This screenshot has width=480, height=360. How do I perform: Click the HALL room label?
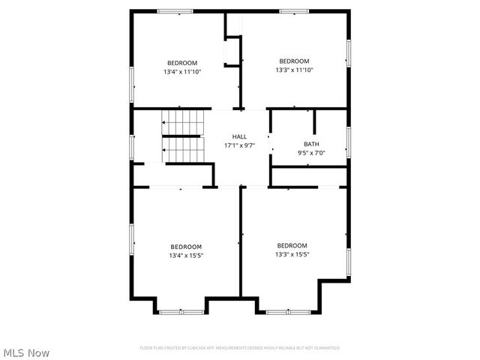tap(239, 136)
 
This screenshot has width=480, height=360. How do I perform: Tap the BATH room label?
tap(311, 143)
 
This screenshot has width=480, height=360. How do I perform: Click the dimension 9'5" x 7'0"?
tap(311, 152)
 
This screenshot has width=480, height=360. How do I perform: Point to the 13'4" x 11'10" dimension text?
tap(182, 71)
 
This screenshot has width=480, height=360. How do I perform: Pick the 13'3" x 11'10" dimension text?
tap(294, 70)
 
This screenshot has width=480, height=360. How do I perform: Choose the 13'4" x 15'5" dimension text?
tap(186, 256)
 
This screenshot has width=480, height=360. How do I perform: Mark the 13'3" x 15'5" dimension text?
tap(292, 254)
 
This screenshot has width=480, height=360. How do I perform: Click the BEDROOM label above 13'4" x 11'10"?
tap(182, 62)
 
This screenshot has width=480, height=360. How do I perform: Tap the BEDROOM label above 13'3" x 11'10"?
tap(294, 61)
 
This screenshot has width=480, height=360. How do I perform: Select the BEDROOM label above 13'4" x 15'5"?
tap(186, 247)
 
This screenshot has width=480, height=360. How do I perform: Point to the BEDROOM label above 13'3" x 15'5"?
tap(292, 245)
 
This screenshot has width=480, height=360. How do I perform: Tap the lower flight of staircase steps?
tap(184, 149)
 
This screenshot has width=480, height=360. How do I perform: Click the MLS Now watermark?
tap(26, 352)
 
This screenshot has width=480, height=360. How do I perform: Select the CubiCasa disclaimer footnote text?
tap(240, 348)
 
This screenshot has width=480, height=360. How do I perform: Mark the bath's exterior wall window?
tap(349, 142)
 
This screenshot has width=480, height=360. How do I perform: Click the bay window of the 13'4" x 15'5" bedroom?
tap(181, 310)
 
